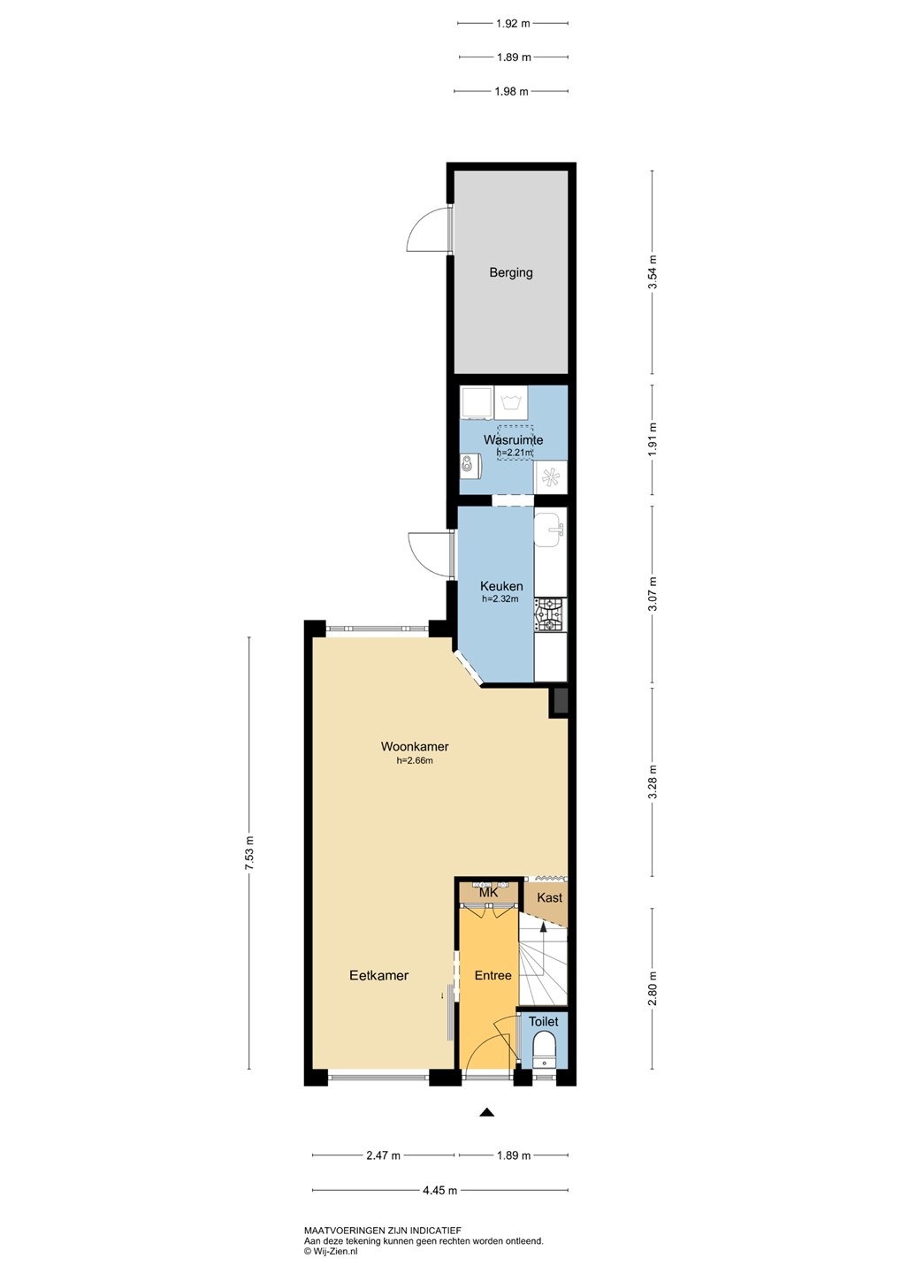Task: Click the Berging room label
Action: [x=511, y=273]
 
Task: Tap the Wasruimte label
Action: [x=514, y=440]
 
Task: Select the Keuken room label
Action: [x=501, y=586]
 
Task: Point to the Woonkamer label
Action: [x=415, y=747]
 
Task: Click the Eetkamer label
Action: [x=379, y=976]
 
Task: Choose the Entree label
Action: [x=493, y=975]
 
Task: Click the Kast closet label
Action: [x=550, y=897]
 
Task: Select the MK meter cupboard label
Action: [x=488, y=893]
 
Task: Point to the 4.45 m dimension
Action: [x=439, y=1191]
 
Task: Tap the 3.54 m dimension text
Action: [x=653, y=271]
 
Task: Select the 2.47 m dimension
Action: [x=383, y=1155]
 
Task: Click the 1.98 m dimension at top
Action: [x=512, y=92]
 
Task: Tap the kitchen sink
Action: [x=549, y=530]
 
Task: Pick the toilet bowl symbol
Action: [x=545, y=1050]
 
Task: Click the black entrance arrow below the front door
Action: [x=486, y=1112]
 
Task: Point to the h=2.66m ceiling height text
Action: [x=415, y=761]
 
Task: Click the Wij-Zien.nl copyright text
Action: [x=331, y=1250]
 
